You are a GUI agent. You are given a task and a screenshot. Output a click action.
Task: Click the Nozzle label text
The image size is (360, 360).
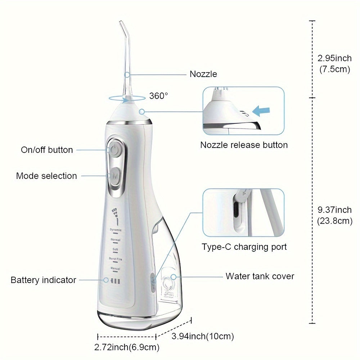[x=203, y=74]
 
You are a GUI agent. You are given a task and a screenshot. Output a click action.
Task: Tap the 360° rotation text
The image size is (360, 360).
[x=158, y=96]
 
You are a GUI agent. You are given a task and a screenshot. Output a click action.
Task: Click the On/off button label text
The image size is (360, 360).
[x=47, y=150]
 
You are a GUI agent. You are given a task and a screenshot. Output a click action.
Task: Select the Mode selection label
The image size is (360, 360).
[x=46, y=176]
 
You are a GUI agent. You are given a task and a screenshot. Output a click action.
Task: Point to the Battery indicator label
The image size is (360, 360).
[x=43, y=280]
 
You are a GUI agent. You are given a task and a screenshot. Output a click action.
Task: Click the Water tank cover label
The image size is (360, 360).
[x=260, y=276]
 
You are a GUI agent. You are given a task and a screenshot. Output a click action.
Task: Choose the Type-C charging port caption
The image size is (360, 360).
[x=244, y=247]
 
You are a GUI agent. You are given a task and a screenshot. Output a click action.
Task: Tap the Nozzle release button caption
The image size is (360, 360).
[x=244, y=145]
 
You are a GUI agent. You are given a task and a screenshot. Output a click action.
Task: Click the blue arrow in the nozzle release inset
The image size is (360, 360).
[x=261, y=110]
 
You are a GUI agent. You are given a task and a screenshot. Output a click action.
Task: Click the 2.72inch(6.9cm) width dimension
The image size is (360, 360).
[x=126, y=347]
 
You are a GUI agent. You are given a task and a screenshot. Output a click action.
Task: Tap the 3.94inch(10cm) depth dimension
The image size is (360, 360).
[x=203, y=337]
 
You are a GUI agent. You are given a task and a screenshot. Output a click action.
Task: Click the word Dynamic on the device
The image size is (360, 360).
[x=116, y=230]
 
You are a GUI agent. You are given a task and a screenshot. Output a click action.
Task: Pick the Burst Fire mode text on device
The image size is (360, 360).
[x=115, y=258]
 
